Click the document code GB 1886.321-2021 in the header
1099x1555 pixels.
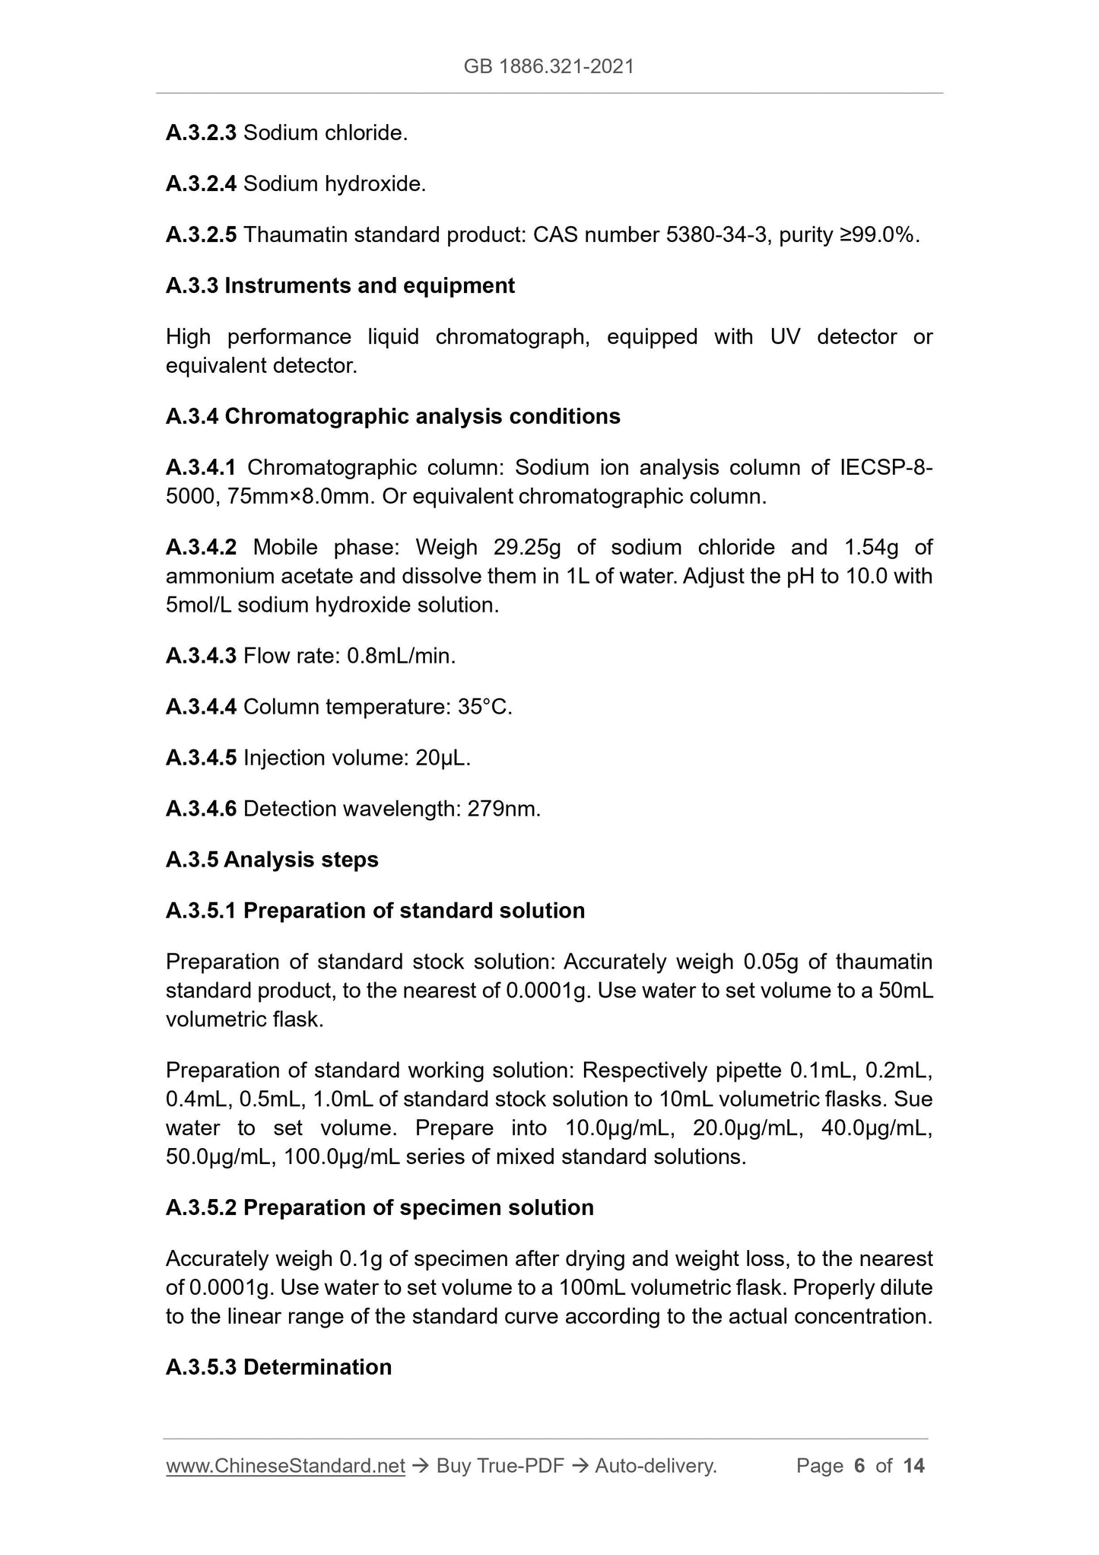(548, 67)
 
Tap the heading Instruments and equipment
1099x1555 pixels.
(370, 286)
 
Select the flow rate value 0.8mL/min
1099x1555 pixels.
(401, 657)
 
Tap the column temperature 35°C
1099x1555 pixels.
(484, 708)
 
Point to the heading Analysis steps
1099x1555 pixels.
(301, 860)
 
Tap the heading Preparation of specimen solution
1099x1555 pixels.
(418, 1209)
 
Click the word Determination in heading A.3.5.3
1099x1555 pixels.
(317, 1368)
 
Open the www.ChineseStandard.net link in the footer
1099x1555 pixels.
(285, 1467)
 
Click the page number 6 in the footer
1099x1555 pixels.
(859, 1467)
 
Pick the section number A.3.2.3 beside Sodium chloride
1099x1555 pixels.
(201, 134)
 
